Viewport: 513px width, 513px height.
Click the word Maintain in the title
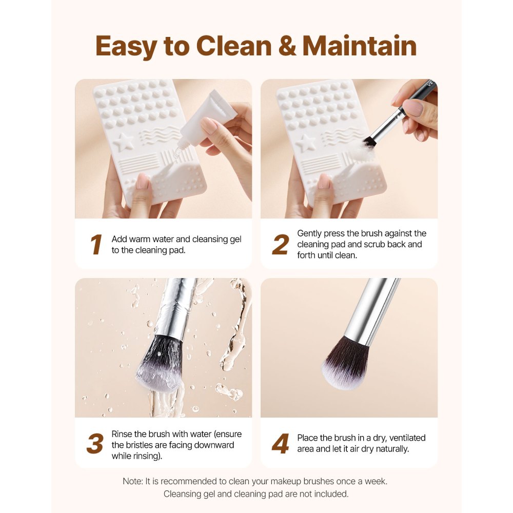point(359,46)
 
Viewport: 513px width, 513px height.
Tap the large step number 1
point(95,245)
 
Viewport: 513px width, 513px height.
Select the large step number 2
point(280,245)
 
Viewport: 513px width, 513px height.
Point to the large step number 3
point(95,444)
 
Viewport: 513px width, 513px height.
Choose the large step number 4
point(280,444)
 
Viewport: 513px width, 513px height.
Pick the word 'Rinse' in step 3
point(122,434)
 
